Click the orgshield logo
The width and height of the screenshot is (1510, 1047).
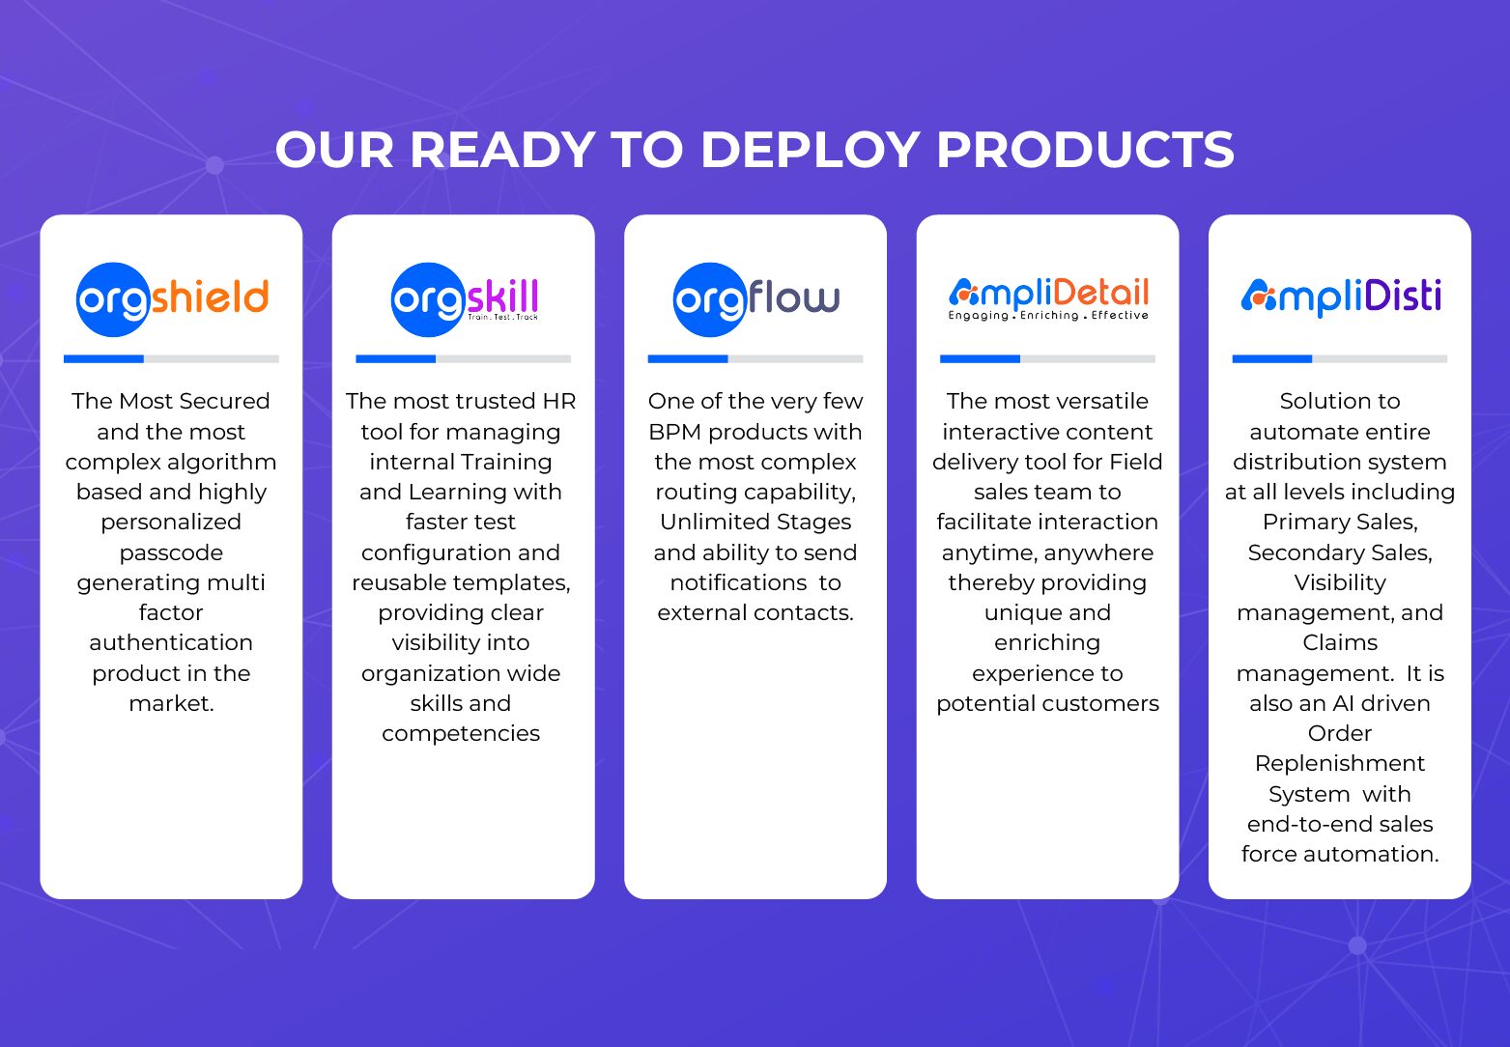[172, 299]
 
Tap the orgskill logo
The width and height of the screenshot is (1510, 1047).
[465, 299]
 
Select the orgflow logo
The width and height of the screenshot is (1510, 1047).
[755, 299]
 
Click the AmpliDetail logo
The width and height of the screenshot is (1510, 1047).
[1048, 299]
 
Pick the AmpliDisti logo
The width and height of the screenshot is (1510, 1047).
[1341, 297]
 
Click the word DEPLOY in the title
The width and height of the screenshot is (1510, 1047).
[811, 150]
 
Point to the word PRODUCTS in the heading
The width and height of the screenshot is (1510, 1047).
[1085, 150]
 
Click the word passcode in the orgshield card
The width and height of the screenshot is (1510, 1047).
[171, 553]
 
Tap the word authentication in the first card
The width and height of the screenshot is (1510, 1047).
[171, 642]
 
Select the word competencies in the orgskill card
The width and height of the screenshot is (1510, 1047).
[461, 734]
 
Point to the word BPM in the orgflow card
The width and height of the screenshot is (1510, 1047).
[674, 432]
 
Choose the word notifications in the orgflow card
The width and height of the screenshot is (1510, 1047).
[738, 582]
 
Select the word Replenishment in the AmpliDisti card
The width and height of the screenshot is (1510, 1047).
[1340, 764]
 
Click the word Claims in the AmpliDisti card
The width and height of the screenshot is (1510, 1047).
[1340, 642]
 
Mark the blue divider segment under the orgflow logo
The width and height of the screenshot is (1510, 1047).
[688, 359]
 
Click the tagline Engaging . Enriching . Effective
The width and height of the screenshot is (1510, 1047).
[1048, 315]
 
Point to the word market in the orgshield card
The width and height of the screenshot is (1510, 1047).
[171, 704]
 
